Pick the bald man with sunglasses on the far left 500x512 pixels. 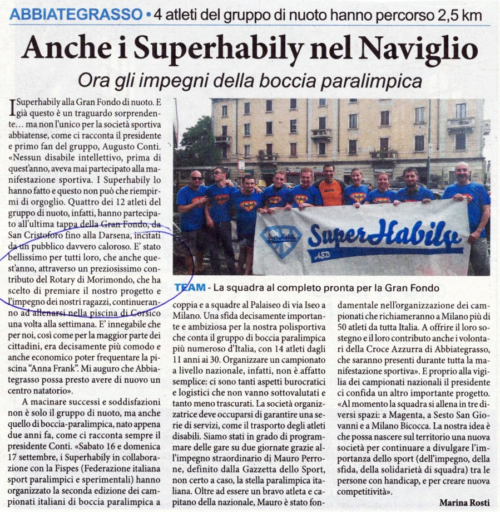(x=192, y=206)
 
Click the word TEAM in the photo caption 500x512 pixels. (x=188, y=289)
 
